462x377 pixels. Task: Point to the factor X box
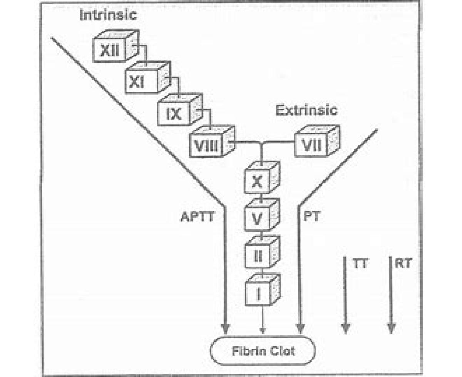click(x=258, y=181)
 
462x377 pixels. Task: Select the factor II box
click(x=258, y=255)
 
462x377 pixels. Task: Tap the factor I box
click(x=258, y=293)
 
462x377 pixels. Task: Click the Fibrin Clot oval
click(x=263, y=350)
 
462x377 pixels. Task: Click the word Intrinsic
click(x=108, y=15)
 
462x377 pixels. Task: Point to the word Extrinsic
click(x=306, y=110)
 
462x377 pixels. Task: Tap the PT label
click(x=311, y=217)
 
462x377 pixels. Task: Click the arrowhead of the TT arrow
click(x=346, y=328)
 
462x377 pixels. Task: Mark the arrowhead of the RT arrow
click(x=391, y=328)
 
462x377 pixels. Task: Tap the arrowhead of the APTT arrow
click(x=226, y=328)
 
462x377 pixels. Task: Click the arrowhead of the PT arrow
click(x=300, y=328)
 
